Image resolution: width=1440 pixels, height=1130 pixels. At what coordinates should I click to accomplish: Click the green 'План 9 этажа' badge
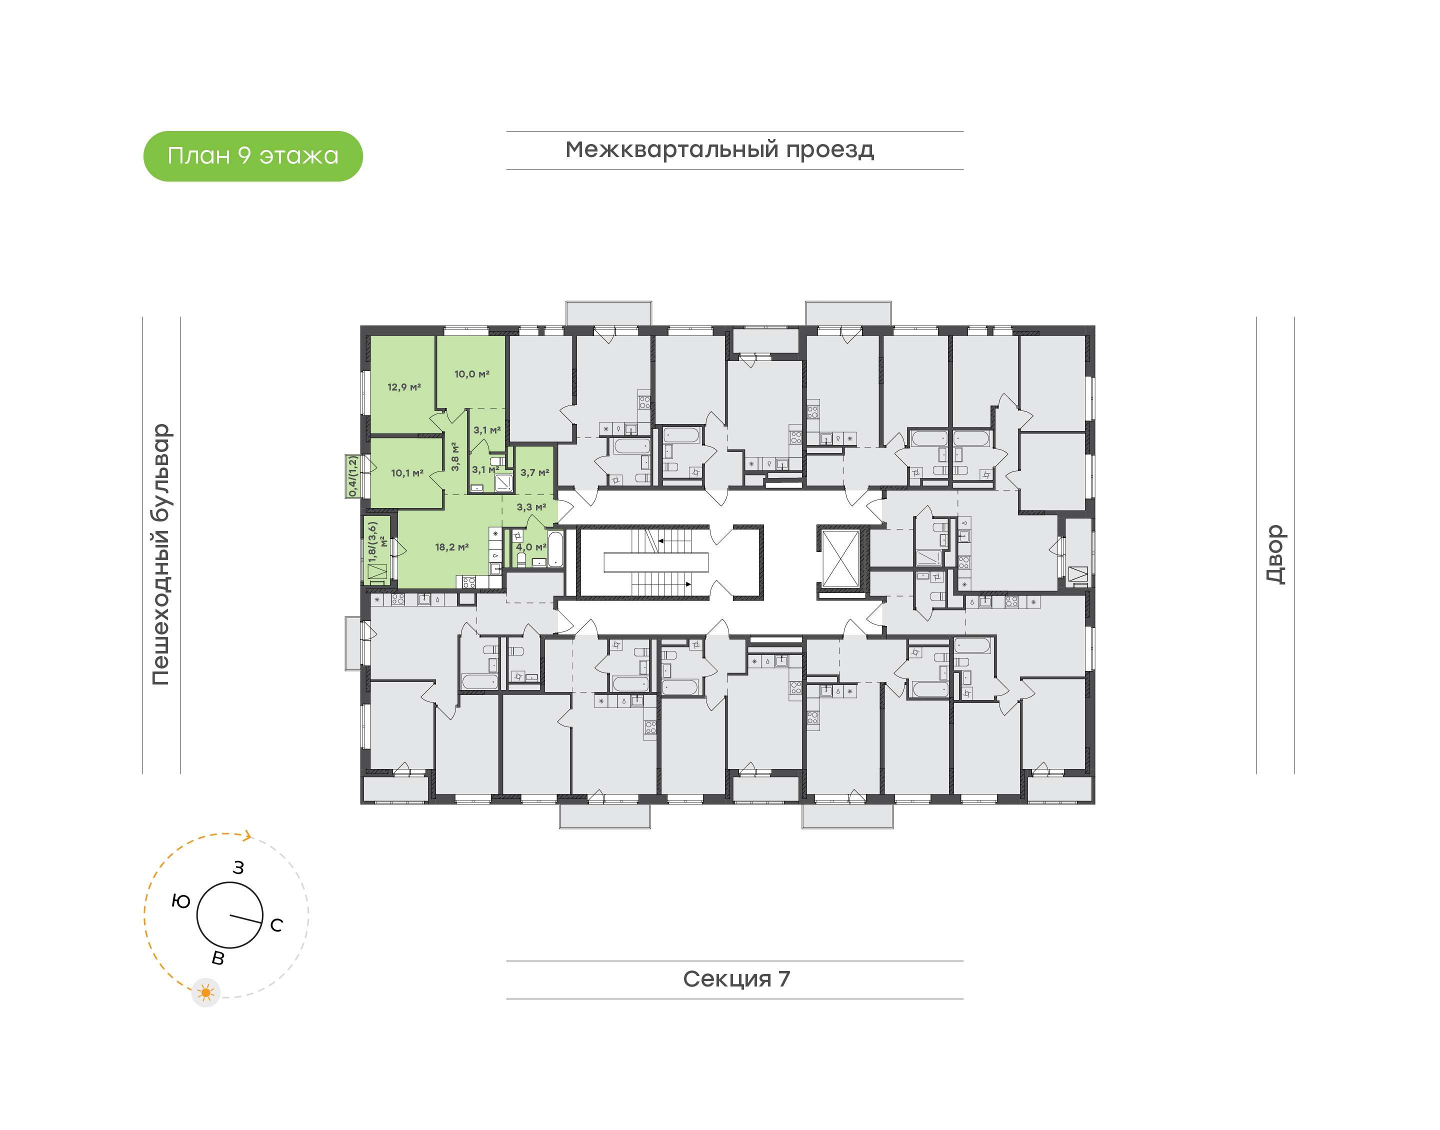[x=252, y=156]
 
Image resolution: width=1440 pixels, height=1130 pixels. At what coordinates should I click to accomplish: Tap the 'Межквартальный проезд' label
[x=719, y=149]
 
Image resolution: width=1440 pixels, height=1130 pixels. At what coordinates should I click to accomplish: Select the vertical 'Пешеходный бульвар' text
[x=160, y=554]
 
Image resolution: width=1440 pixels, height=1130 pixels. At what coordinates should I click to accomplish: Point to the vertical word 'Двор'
[x=1274, y=554]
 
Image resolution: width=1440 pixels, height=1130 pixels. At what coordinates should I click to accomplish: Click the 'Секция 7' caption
[x=735, y=978]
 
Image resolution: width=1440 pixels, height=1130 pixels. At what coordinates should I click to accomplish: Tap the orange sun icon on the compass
[x=205, y=992]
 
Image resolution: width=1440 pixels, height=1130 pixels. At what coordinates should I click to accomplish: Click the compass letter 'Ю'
[x=180, y=901]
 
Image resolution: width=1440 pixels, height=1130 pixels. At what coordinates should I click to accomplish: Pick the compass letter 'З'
[x=238, y=867]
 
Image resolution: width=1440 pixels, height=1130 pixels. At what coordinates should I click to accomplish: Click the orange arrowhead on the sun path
[x=247, y=835]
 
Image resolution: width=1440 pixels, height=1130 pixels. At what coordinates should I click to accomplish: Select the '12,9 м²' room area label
[x=404, y=387]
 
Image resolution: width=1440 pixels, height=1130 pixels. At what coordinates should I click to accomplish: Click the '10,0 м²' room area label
[x=471, y=374]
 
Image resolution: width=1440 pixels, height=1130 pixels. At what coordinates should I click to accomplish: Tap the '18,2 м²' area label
[x=452, y=547]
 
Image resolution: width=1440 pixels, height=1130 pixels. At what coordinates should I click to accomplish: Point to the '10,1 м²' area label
[x=407, y=473]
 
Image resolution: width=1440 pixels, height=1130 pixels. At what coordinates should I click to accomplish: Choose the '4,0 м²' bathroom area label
[x=531, y=547]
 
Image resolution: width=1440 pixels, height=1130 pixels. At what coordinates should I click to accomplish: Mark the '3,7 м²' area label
[x=534, y=472]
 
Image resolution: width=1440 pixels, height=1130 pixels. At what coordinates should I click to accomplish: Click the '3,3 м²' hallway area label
[x=531, y=507]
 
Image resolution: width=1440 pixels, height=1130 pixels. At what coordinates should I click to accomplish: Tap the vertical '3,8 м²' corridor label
[x=455, y=456]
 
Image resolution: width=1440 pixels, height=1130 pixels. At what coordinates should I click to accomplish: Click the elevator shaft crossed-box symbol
[x=840, y=557]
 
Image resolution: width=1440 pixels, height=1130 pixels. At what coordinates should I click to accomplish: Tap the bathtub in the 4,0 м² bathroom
[x=555, y=548]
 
